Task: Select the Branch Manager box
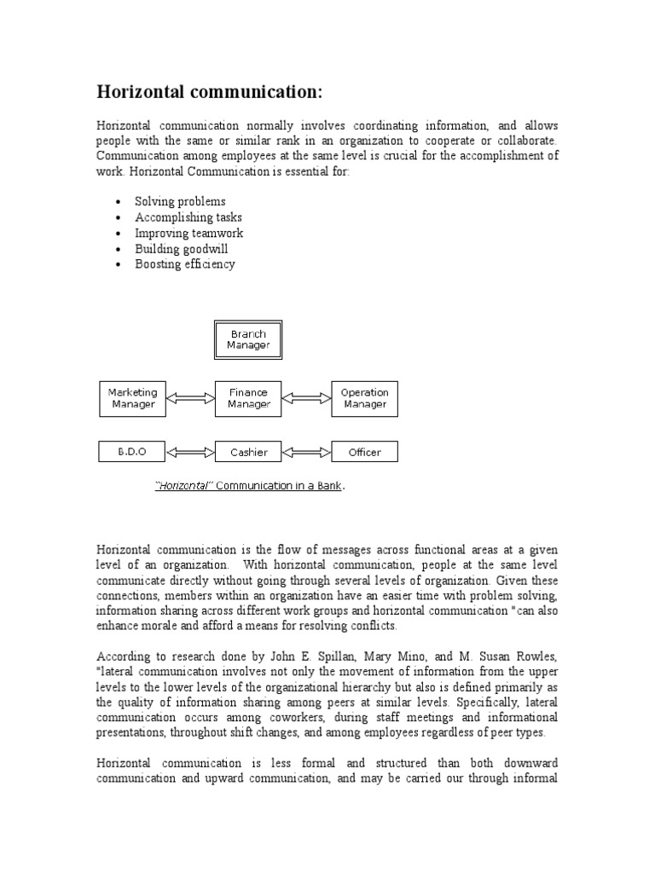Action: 247,339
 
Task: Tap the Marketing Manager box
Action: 133,398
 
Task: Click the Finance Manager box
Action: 247,398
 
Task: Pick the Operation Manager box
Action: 364,398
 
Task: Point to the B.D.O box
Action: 133,452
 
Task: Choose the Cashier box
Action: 247,452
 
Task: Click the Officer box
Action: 364,452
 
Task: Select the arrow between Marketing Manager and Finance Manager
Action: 190,398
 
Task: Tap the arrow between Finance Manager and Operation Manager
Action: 306,398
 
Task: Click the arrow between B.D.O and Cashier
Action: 190,452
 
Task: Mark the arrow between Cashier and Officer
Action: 306,452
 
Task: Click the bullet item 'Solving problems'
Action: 180,202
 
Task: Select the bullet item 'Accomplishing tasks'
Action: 188,217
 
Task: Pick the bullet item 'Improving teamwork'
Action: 188,233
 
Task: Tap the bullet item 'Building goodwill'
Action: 181,249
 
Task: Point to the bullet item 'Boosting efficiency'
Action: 184,264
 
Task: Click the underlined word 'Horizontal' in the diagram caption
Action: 183,486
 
